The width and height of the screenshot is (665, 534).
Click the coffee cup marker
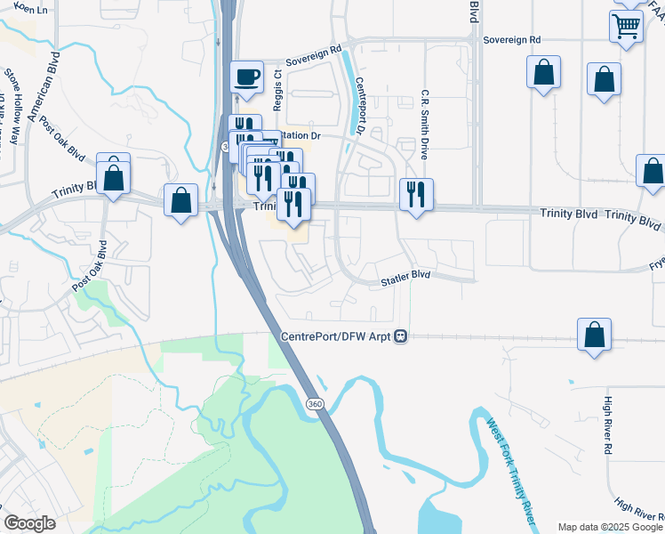tap(246, 77)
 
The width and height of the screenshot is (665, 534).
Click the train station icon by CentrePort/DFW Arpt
tap(402, 336)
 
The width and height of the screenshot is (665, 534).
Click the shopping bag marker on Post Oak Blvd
tap(114, 176)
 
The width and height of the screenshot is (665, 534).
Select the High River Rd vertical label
tap(609, 425)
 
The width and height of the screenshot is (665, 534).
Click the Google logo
tap(29, 523)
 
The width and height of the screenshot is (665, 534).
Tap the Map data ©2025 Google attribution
tap(610, 527)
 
